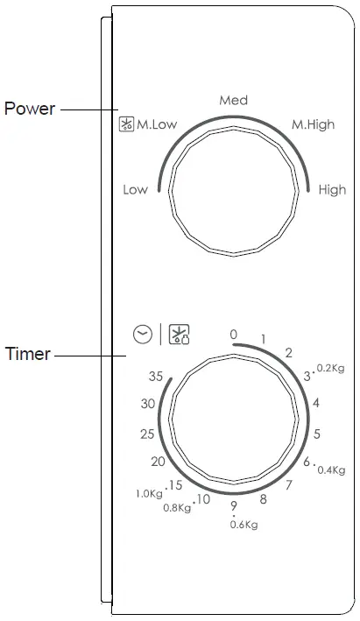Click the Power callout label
tap(30, 109)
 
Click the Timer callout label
tap(27, 355)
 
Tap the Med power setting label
tap(233, 101)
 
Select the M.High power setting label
tap(313, 124)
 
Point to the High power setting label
tap(332, 189)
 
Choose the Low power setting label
tap(135, 189)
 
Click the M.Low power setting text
tap(157, 124)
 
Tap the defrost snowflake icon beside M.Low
tap(126, 124)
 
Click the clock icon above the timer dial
tap(143, 334)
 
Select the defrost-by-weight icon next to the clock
tap(179, 334)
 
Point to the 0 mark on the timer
tap(233, 335)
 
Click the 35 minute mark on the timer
tap(156, 377)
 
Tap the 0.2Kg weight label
tap(330, 369)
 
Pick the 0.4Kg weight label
tap(330, 470)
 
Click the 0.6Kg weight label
tap(244, 525)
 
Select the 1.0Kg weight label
tap(149, 494)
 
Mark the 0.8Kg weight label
tap(177, 508)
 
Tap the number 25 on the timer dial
tap(147, 434)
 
